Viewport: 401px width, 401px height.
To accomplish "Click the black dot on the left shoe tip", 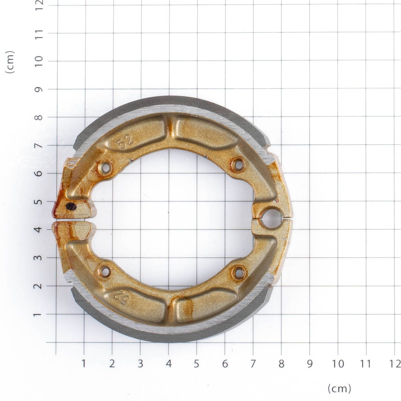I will (x=71, y=207).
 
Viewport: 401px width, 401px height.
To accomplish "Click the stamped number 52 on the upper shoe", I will (x=126, y=142).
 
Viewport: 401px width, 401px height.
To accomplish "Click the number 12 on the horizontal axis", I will (x=395, y=364).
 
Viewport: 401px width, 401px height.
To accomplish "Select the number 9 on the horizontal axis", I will (x=310, y=364).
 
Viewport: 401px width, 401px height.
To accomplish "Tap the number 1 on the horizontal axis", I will (x=84, y=364).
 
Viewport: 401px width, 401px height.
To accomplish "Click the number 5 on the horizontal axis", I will (x=196, y=364).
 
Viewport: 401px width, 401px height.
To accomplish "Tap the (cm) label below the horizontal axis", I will (x=339, y=389).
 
